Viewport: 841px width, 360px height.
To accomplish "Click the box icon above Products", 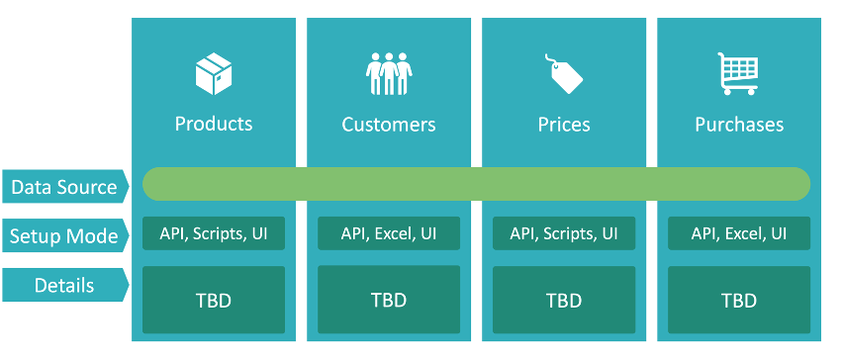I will tap(214, 74).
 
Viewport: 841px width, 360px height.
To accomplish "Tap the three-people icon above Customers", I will tap(388, 74).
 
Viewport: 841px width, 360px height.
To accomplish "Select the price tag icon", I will tap(564, 74).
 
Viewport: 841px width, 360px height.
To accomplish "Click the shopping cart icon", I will tap(738, 74).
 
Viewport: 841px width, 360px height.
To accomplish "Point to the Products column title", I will tap(214, 124).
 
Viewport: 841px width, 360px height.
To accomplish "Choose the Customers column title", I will tap(389, 125).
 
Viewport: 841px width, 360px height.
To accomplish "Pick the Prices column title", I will tap(564, 125).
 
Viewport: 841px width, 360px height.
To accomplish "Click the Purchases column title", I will tap(739, 125).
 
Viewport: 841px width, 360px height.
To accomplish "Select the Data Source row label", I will tap(64, 186).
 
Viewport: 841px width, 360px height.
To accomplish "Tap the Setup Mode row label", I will tap(64, 236).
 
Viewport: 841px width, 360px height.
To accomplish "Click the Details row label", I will tap(64, 286).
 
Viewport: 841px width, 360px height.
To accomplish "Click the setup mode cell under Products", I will tap(214, 233).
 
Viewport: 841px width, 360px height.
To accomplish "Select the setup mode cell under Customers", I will tap(389, 233).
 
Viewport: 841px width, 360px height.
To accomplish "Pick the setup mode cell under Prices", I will tap(564, 233).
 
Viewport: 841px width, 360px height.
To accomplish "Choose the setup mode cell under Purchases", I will tap(739, 233).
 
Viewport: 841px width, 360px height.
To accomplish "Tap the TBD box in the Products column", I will tap(214, 299).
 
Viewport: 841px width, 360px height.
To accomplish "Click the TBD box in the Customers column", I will tap(389, 299).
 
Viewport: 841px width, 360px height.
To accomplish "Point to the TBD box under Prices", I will tap(564, 299).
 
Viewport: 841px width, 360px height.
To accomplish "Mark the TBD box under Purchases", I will tap(739, 299).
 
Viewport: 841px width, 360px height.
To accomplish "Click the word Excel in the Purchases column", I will tap(744, 233).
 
